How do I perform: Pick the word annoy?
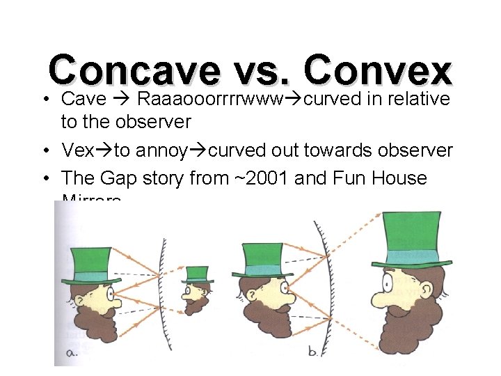point(162,150)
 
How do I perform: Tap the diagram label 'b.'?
point(314,352)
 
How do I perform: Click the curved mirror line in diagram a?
point(164,292)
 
